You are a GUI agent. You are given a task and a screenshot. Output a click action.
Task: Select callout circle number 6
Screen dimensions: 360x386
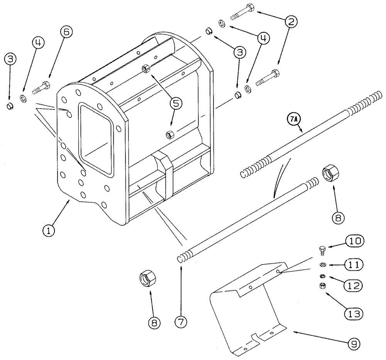tap(66, 33)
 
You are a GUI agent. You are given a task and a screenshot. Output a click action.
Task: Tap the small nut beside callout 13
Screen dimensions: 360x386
tap(322, 286)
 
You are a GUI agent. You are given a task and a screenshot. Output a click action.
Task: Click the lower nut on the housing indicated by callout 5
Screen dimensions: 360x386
tap(169, 134)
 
